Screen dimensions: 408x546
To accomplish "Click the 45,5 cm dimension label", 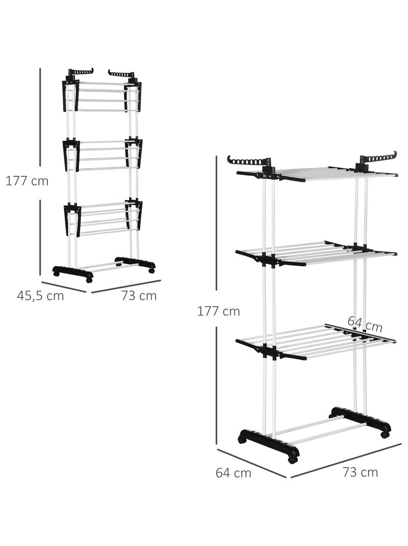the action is tap(40, 296).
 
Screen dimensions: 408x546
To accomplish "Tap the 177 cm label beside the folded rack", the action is tap(27, 182).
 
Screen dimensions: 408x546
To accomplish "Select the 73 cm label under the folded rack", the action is tap(139, 296).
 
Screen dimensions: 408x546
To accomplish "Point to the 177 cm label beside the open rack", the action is tap(219, 311).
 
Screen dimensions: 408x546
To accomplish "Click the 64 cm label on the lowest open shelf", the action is tap(365, 324).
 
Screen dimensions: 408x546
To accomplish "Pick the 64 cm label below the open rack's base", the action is tap(233, 473).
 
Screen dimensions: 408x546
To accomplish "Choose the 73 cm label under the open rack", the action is tap(360, 472).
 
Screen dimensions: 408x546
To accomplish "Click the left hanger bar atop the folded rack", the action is tap(81, 72).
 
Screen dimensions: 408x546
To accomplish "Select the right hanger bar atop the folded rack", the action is tap(121, 74).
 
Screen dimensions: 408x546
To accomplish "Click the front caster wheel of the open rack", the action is tap(293, 458).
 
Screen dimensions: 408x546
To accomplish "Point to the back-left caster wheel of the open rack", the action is tap(241, 439).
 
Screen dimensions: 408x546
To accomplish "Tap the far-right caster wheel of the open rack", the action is tap(385, 434).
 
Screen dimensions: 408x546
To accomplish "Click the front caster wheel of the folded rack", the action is tap(89, 280).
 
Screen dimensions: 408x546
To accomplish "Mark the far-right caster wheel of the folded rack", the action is tap(151, 270).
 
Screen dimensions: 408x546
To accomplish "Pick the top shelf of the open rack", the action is tap(316, 173).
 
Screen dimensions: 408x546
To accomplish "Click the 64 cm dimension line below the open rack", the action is tap(251, 463).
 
